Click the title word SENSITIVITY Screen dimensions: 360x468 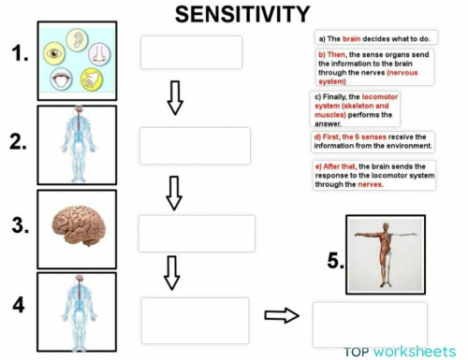[242, 13]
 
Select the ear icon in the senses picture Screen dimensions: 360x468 [92, 42]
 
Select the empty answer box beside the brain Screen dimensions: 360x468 [197, 234]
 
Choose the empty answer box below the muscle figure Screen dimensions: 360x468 [369, 324]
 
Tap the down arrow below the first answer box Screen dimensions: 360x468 [174, 97]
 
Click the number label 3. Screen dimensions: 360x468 [20, 223]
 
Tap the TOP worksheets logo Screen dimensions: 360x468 [400, 352]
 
